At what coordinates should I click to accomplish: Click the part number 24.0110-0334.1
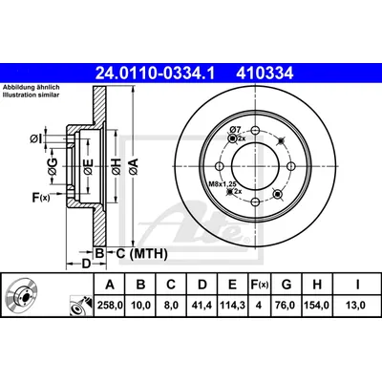(156, 74)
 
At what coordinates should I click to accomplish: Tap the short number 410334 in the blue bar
(265, 74)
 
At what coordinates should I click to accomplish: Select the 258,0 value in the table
(110, 306)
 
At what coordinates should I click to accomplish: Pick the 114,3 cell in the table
(232, 306)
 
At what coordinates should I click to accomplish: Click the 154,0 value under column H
(317, 306)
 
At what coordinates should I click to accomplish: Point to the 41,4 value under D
(202, 306)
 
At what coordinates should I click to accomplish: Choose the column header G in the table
(286, 285)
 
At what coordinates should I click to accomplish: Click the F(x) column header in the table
(259, 285)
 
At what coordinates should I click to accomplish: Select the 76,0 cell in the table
(286, 306)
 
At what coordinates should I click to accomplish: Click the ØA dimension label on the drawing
(134, 165)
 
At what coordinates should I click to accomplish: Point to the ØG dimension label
(53, 166)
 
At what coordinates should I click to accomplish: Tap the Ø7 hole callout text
(235, 129)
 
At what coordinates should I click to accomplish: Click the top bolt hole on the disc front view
(255, 130)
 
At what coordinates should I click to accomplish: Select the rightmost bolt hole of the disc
(291, 166)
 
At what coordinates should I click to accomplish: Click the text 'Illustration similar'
(31, 95)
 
